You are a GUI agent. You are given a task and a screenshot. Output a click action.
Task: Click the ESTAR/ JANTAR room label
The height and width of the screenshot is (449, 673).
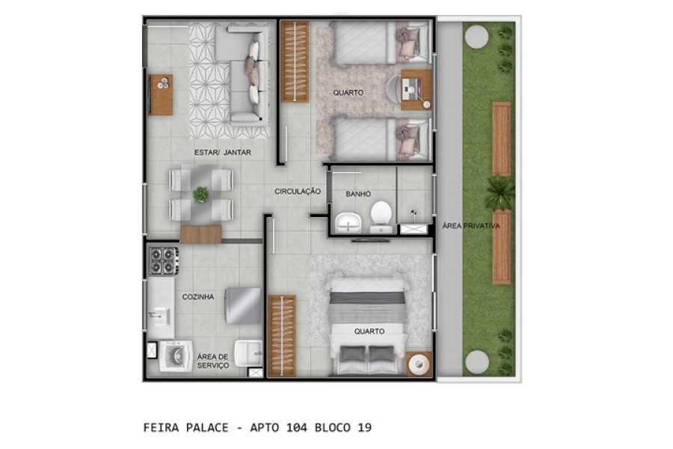point(222,153)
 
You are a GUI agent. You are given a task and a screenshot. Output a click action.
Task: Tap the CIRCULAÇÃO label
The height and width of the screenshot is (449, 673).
point(298,192)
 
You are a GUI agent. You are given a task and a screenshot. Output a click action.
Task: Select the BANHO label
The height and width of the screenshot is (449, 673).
point(357,194)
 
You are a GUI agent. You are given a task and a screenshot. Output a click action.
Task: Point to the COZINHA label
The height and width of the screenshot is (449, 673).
point(198,297)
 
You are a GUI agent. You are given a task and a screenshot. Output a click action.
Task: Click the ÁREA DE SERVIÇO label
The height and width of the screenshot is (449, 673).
point(212,361)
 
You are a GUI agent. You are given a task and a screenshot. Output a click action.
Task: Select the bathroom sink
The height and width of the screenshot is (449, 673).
point(346,223)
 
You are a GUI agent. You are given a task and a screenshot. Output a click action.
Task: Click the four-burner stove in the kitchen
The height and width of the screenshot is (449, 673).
point(164,261)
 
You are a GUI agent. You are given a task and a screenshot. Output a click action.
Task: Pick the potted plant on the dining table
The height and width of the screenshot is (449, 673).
point(201,195)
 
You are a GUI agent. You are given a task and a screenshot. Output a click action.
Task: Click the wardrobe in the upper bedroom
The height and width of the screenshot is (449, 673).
point(295,62)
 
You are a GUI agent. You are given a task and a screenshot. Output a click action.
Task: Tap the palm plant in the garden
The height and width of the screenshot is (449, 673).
point(499,193)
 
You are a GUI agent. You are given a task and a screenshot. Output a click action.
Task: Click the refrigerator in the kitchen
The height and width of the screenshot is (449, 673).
point(244,305)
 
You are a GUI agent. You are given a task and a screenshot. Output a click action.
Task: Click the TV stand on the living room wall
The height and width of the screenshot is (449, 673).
point(161,94)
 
